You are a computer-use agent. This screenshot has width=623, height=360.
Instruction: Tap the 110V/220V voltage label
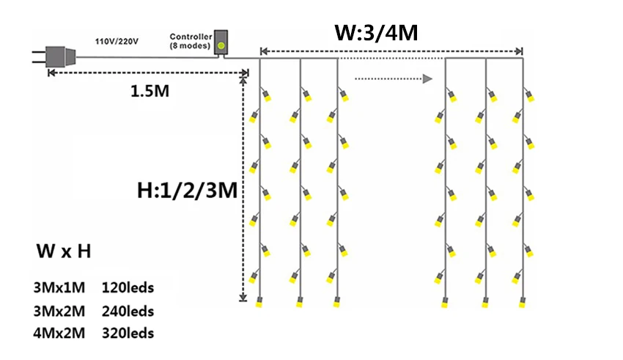tap(117, 41)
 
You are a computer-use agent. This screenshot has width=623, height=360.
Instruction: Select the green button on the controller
tap(221, 45)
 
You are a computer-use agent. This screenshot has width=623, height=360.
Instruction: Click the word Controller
tap(191, 37)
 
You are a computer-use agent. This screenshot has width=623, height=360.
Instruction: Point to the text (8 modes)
tap(190, 45)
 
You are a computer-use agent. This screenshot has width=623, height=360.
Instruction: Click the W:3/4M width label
tap(376, 32)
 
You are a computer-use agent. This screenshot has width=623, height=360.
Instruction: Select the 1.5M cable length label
tap(150, 91)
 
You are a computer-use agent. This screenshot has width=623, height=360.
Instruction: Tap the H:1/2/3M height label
tap(187, 191)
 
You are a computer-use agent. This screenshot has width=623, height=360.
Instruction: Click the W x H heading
tap(64, 251)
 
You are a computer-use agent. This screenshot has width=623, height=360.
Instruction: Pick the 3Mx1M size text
tap(59, 287)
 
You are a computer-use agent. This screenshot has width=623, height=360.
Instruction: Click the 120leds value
tap(128, 287)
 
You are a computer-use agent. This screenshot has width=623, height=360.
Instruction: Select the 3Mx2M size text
tap(59, 311)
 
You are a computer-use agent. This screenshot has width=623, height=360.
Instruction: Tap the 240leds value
tap(128, 311)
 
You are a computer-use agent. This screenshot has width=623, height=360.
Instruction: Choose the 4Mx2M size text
tap(59, 333)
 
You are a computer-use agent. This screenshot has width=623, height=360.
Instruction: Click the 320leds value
tap(128, 333)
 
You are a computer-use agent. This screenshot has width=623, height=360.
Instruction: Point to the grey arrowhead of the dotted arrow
tap(427, 78)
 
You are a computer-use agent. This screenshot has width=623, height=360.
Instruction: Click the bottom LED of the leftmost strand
tap(259, 302)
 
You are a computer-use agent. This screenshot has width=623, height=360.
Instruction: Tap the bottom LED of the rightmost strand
tap(523, 302)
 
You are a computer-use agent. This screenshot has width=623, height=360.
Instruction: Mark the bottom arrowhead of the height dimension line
tap(243, 298)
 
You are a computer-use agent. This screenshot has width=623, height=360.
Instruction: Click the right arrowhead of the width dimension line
tap(518, 51)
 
